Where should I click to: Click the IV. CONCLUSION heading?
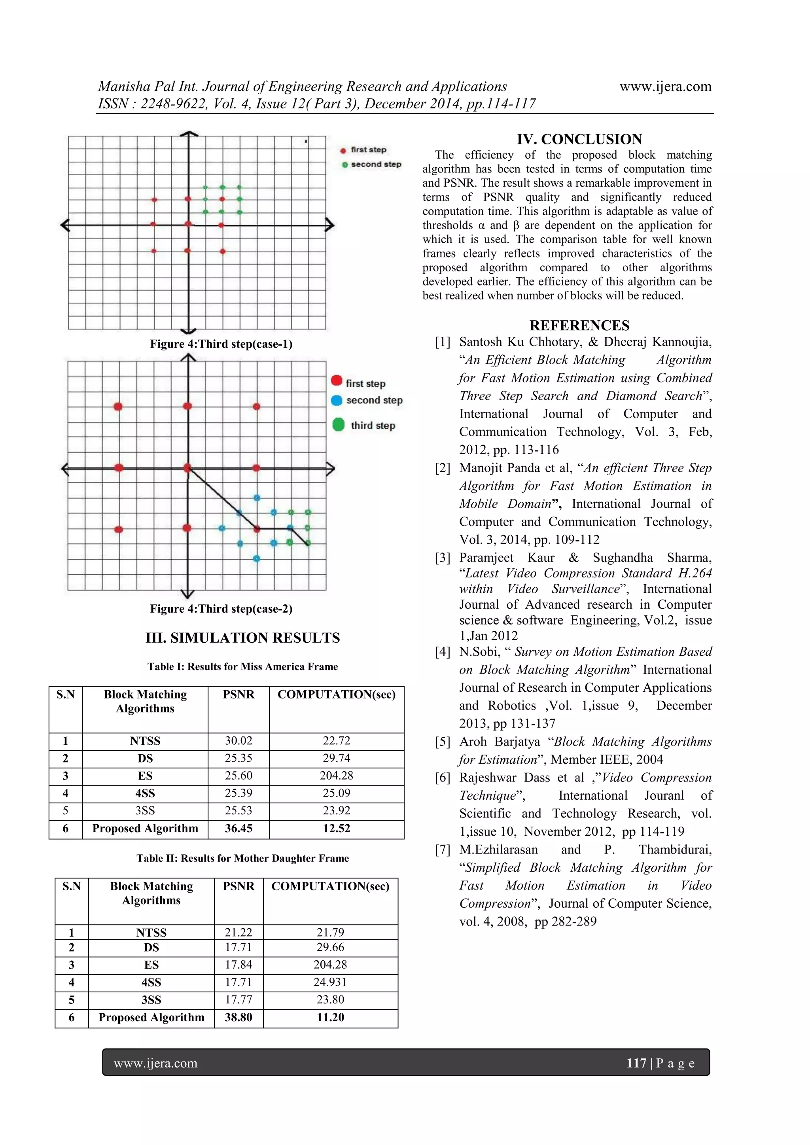pyautogui.click(x=579, y=139)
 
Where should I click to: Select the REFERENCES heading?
pyautogui.click(x=579, y=325)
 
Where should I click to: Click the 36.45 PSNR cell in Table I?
pyautogui.click(x=238, y=828)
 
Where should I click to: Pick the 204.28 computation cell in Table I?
pyautogui.click(x=336, y=776)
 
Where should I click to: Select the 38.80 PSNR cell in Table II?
pyautogui.click(x=238, y=1017)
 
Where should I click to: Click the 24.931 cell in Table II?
pyautogui.click(x=330, y=982)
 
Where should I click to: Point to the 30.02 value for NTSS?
pyautogui.click(x=238, y=740)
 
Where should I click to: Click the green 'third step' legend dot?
pyautogui.click(x=338, y=425)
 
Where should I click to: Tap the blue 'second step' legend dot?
pyautogui.click(x=337, y=400)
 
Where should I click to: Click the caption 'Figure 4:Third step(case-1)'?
pyautogui.click(x=221, y=344)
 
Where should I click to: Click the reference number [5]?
pyautogui.click(x=443, y=742)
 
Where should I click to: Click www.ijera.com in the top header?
pyautogui.click(x=665, y=86)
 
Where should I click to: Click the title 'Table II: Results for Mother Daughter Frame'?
pyautogui.click(x=242, y=858)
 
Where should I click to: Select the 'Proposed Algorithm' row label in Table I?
pyautogui.click(x=145, y=828)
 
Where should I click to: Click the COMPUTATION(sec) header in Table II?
pyautogui.click(x=330, y=886)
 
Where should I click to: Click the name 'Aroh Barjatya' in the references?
pyautogui.click(x=499, y=742)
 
